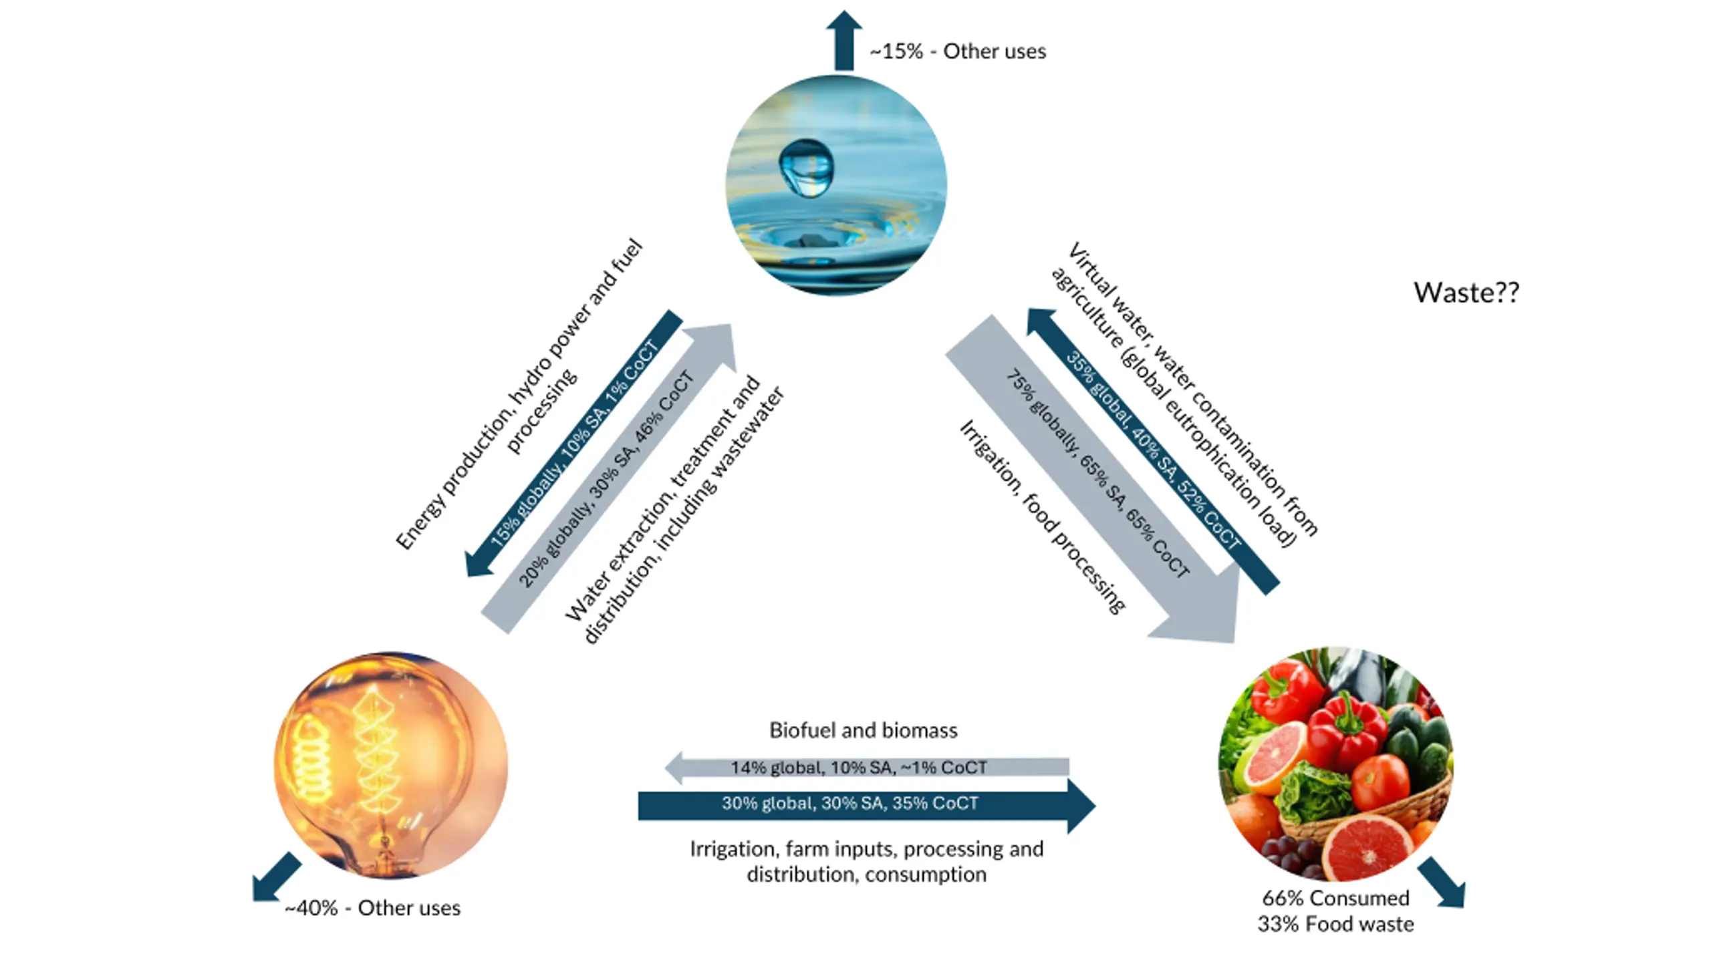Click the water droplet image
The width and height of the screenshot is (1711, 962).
pos(836,185)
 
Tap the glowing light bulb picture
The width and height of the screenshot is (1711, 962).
pos(391,765)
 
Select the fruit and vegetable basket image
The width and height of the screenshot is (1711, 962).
pos(1336,764)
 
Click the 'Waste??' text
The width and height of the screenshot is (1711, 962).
pos(1466,293)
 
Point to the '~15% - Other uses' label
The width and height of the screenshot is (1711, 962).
pos(958,51)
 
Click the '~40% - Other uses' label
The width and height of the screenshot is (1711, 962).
pos(372,908)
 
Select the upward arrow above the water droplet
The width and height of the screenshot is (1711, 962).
pos(843,40)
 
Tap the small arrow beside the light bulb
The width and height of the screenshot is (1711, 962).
pos(277,877)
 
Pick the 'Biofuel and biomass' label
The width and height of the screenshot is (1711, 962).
pos(863,730)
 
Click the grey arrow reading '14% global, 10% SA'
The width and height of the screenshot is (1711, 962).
pos(867,768)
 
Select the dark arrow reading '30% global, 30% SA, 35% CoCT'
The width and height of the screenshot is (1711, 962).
pos(867,806)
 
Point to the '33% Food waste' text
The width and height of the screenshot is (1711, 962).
pos(1335,924)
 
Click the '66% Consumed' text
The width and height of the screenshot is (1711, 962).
pos(1335,898)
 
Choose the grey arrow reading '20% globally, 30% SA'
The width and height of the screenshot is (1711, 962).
pos(608,478)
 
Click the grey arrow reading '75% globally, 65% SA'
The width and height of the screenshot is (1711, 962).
pos(1092,478)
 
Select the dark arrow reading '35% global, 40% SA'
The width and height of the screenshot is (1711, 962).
pos(1153,451)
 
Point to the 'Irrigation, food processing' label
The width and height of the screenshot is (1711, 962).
pos(1043,516)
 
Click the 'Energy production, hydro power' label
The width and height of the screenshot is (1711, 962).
pos(519,394)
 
